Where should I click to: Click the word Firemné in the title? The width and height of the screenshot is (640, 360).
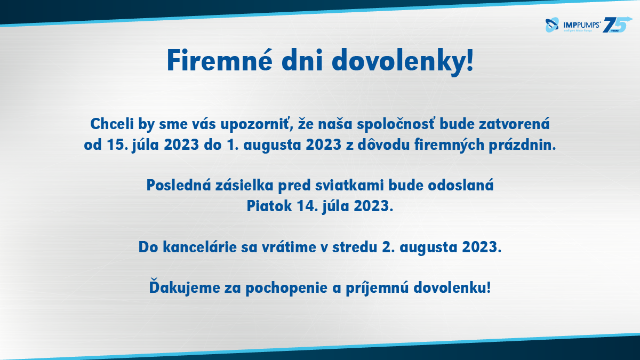coord(219,61)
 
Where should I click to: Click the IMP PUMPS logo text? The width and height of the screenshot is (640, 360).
coord(581,25)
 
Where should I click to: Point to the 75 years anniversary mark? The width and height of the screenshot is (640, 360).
coord(617,25)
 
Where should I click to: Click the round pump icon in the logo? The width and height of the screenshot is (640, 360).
coord(552,25)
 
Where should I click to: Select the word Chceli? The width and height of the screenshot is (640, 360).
coord(112,124)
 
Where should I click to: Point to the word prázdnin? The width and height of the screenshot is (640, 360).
coord(522,145)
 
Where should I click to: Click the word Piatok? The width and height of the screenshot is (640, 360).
coord(269,206)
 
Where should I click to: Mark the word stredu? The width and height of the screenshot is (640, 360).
coord(355,247)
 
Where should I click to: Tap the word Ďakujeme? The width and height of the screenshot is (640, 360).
coord(185,286)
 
